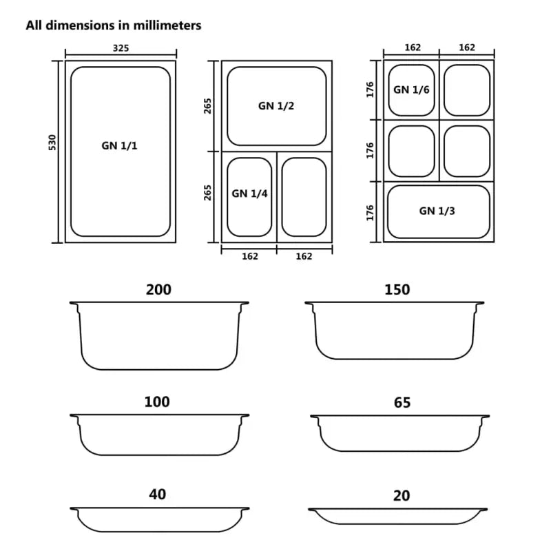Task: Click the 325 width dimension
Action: coord(120,48)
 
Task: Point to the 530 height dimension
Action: coord(52,143)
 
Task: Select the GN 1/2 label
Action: coord(277,106)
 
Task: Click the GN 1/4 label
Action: coord(249,194)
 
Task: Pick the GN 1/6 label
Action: coord(411,90)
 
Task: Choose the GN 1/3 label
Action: coord(437,211)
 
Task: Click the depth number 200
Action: coord(158,290)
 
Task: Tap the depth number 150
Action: coord(397,290)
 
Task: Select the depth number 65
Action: coord(402,403)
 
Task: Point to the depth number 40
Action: coord(157,495)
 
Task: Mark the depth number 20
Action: coord(402,496)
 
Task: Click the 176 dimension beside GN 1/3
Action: coord(370,211)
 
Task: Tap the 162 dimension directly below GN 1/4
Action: coord(249,256)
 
